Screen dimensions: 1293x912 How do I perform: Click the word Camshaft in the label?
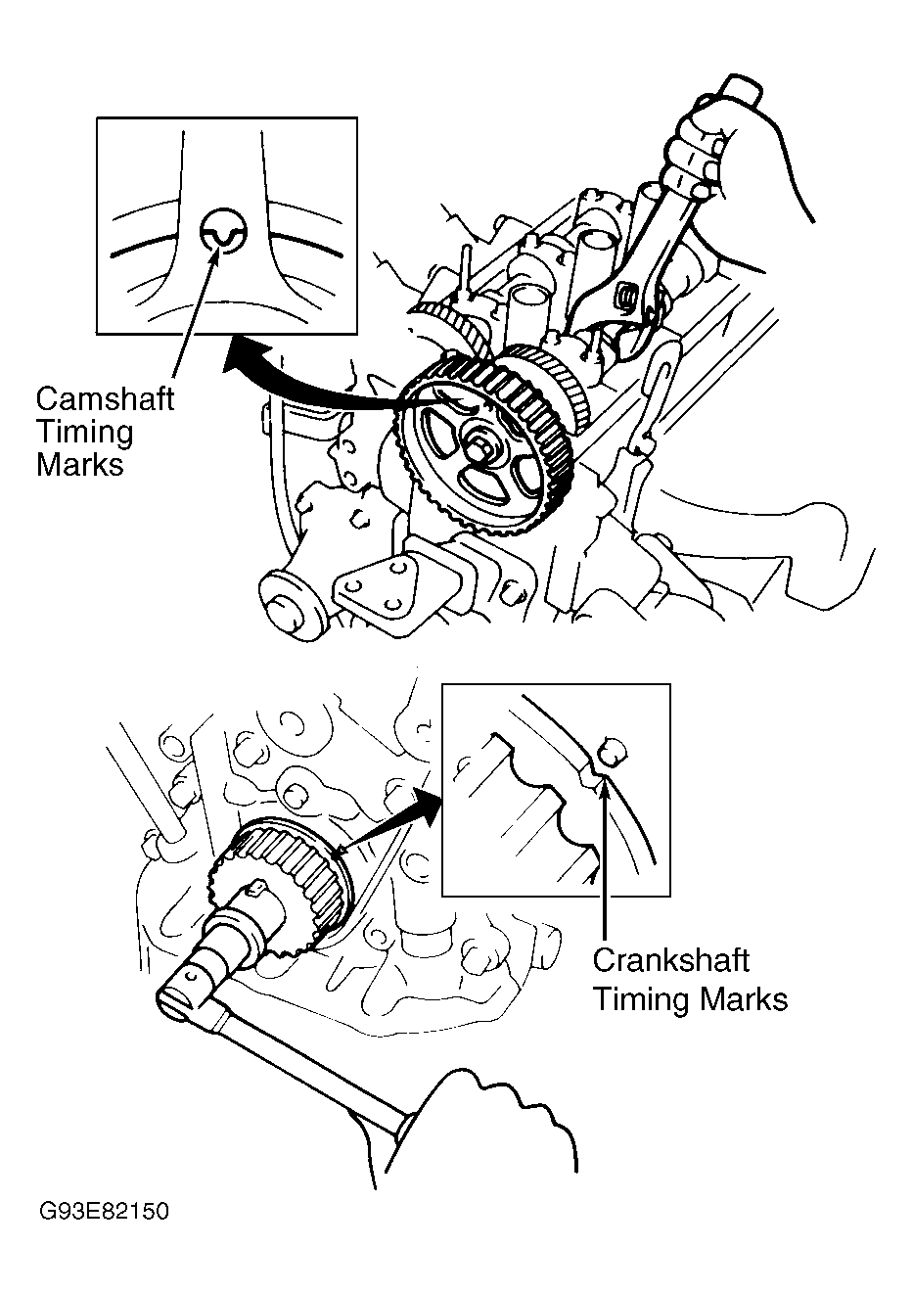(105, 399)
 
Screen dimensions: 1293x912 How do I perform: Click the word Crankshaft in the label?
(670, 960)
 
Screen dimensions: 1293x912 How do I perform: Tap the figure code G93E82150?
(105, 1212)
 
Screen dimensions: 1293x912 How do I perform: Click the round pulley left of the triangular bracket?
(291, 608)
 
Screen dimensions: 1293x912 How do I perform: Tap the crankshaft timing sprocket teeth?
(294, 861)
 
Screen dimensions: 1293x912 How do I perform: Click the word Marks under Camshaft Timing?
(80, 464)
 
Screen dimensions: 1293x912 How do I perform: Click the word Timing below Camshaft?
(84, 432)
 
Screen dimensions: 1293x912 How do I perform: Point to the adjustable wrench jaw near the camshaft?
(626, 294)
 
